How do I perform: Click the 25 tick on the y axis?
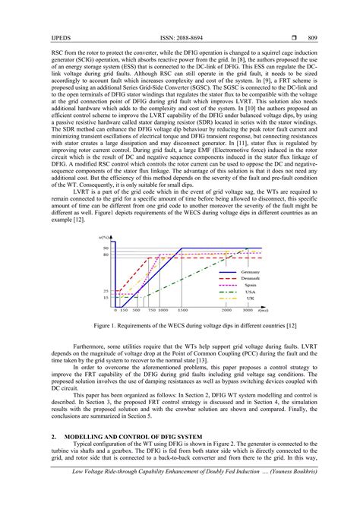107,291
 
